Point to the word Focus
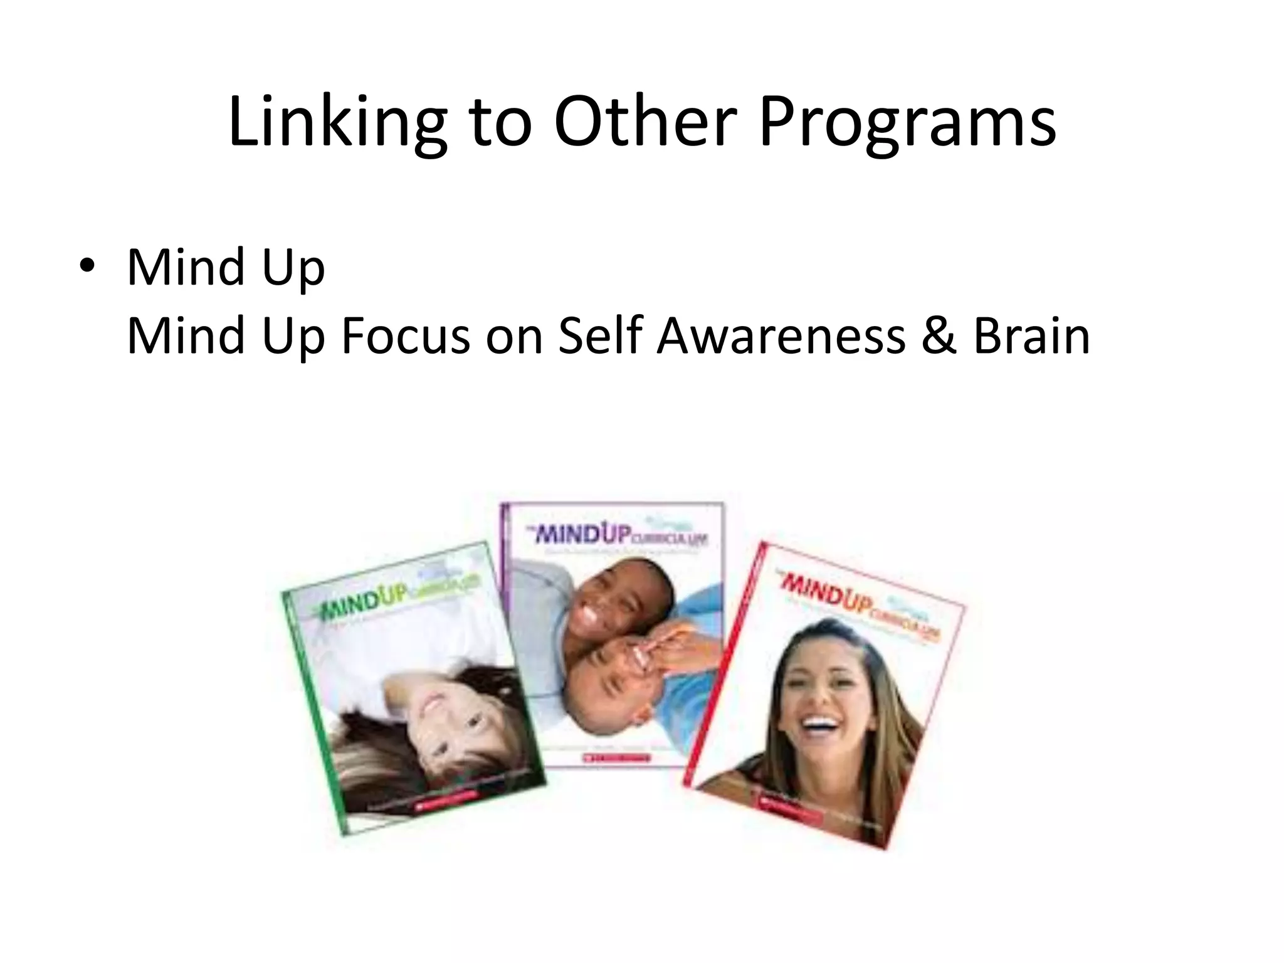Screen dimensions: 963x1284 pyautogui.click(x=405, y=335)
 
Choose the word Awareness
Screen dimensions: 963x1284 pyautogui.click(x=781, y=335)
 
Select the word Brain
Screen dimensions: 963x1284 pyautogui.click(x=1031, y=335)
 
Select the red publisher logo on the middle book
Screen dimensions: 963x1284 pyautogui.click(x=616, y=758)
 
